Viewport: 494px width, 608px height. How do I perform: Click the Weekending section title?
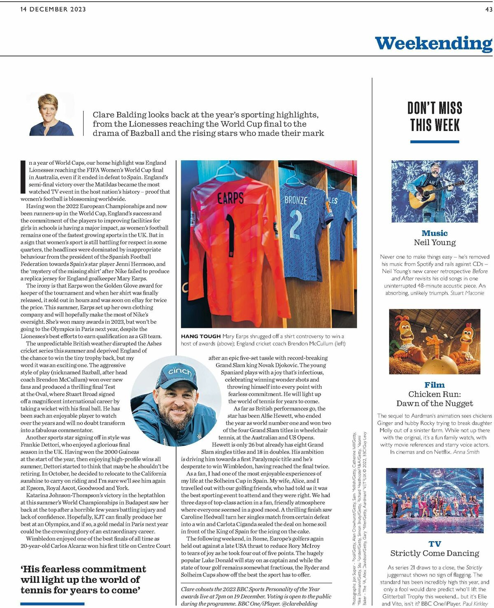(x=433, y=43)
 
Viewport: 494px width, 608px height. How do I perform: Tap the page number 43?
(x=489, y=9)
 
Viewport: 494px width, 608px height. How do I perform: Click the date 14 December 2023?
(x=53, y=9)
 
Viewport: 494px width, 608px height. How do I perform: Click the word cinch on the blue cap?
(x=180, y=372)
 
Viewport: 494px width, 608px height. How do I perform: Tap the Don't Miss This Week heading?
(x=435, y=117)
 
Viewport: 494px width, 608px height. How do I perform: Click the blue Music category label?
(x=434, y=233)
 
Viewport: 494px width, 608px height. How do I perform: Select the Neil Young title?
(x=434, y=243)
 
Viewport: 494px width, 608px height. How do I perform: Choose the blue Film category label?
(x=434, y=385)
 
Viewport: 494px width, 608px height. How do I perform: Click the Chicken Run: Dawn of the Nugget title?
(x=434, y=399)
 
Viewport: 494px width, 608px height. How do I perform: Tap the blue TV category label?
(x=434, y=544)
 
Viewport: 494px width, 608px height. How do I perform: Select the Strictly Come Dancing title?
(x=434, y=553)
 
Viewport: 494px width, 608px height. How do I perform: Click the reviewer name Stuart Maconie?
(x=467, y=293)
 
